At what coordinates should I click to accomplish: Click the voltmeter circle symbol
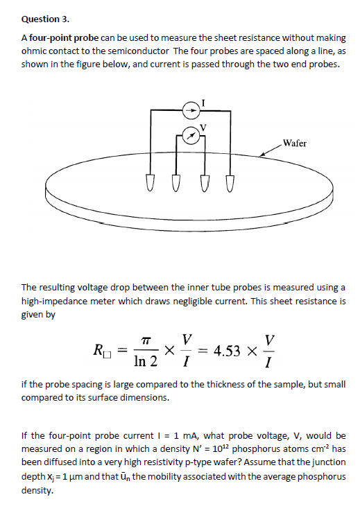coord(191,134)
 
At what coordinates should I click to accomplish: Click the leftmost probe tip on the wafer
coord(149,185)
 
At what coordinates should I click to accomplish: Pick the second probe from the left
coord(176,185)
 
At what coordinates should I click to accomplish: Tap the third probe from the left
coord(203,185)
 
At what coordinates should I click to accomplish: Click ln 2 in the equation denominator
coord(144,361)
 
